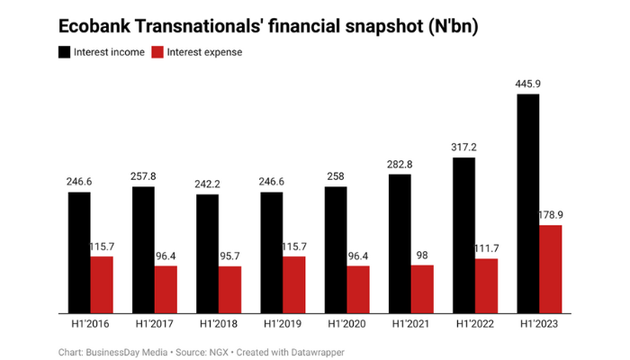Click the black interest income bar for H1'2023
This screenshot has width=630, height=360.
528,203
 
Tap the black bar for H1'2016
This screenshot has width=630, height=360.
79,252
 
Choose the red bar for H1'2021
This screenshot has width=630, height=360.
422,289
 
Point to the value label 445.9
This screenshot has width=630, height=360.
528,85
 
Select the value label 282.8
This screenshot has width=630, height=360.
400,165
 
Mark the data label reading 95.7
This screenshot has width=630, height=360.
230,256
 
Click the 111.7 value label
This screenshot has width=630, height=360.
487,249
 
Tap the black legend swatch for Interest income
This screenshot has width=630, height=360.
65,51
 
